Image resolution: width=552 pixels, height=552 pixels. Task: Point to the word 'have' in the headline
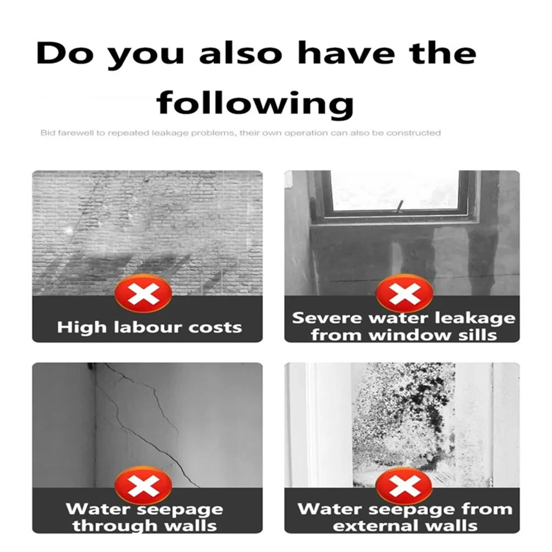click(346, 53)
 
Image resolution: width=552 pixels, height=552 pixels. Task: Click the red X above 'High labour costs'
click(143, 293)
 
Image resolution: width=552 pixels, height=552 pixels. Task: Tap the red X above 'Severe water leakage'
click(404, 293)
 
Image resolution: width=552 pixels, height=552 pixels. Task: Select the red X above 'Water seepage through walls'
click(143, 486)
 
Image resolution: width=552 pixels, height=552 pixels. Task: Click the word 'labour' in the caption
click(147, 327)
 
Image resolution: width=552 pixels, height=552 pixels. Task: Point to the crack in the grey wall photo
click(149, 424)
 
